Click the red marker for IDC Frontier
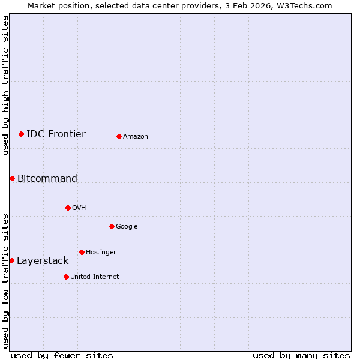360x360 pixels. (x=21, y=134)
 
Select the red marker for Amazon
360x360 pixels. (x=119, y=136)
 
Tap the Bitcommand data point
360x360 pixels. (x=12, y=178)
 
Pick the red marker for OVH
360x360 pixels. (x=68, y=208)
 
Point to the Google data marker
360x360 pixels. (x=112, y=226)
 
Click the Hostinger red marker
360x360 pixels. (x=82, y=252)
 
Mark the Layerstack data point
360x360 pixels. (x=11, y=260)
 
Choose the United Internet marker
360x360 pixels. (x=66, y=277)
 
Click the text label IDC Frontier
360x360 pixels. (x=56, y=134)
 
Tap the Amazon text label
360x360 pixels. (x=136, y=136)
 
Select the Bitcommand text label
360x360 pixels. (x=47, y=178)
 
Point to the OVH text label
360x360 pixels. (x=79, y=208)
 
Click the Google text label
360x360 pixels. (x=127, y=226)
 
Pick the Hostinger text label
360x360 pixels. (x=101, y=252)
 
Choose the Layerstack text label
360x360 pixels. (x=43, y=260)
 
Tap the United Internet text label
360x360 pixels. (x=95, y=277)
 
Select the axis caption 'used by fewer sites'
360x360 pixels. (x=62, y=355)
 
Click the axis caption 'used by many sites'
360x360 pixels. (x=301, y=355)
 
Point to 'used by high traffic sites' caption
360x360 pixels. (x=5, y=85)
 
